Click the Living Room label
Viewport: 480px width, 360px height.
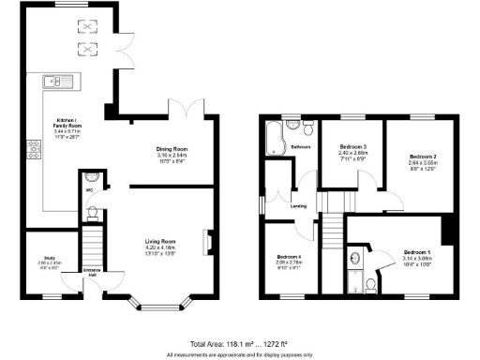click(x=161, y=242)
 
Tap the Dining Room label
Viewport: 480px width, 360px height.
click(x=172, y=149)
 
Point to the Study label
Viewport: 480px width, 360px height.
click(x=43, y=260)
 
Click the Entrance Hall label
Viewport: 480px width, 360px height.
click(x=92, y=271)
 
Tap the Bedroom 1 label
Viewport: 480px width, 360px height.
click(x=416, y=252)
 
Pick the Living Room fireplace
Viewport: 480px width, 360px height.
click(x=207, y=242)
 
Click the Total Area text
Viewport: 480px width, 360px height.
click(x=239, y=345)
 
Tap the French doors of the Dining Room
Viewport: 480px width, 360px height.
click(x=195, y=107)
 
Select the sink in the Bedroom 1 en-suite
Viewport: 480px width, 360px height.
click(x=355, y=258)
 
